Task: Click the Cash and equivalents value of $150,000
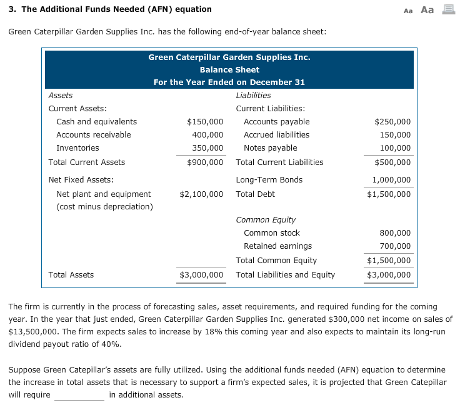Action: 205,122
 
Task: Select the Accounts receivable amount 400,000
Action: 207,135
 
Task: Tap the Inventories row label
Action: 77,148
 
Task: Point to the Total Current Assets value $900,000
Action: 205,162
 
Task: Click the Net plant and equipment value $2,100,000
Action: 201,194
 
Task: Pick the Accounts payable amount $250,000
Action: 392,122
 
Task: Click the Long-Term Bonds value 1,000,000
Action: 391,180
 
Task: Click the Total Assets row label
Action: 71,274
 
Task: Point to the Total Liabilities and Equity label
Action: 285,274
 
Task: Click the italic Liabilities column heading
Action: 253,96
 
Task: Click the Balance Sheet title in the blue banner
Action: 229,69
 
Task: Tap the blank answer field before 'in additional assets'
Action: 79,395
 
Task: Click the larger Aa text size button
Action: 427,9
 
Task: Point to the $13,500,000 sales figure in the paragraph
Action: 33,331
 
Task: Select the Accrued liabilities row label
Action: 276,135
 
